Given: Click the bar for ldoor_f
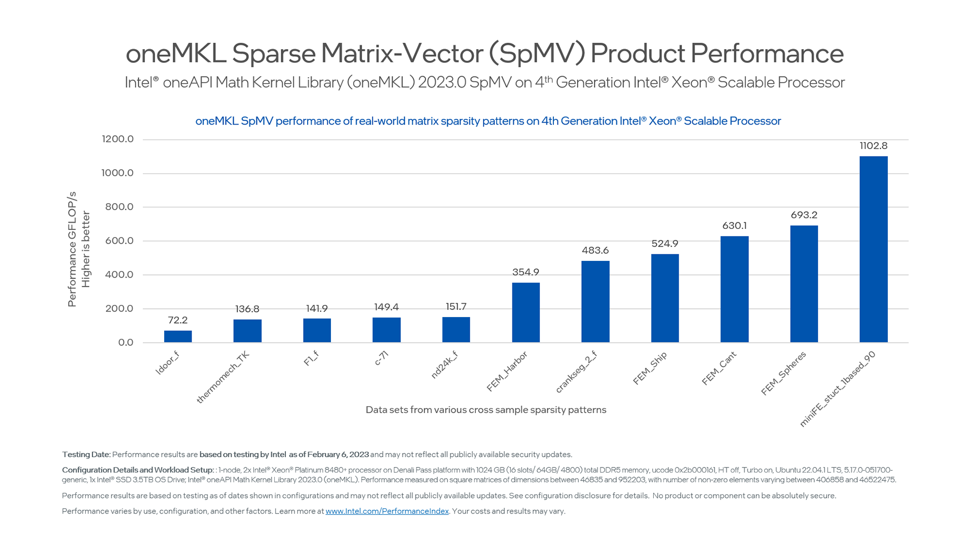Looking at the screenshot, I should coord(178,336).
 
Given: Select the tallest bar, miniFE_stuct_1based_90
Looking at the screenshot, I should coord(873,249).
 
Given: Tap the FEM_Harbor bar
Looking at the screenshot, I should coord(526,312).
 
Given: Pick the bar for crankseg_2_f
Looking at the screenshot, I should coord(595,301).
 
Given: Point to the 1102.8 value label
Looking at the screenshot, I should coord(873,146).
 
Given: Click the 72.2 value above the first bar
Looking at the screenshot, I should coord(178,320).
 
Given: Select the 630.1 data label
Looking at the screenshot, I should coord(734,226).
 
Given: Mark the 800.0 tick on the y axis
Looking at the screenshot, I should coord(119,207).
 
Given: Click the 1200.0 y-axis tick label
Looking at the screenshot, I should coord(118,139).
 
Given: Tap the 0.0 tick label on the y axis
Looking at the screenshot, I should coord(126,342).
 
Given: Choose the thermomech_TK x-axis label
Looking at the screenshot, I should coord(223,377).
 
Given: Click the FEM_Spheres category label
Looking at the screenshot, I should coord(783,373).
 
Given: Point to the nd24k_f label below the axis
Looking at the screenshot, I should coord(444,365).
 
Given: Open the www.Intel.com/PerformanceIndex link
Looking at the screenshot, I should coord(387,511).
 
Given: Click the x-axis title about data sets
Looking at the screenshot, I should coord(485,410).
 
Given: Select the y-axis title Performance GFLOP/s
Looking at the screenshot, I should coord(72,249).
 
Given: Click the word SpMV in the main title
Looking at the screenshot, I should coord(537,53).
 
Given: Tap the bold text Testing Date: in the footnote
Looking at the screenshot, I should coord(86,454).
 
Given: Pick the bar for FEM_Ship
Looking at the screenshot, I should coord(664,298).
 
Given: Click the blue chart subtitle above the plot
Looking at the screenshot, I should coord(488,121).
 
